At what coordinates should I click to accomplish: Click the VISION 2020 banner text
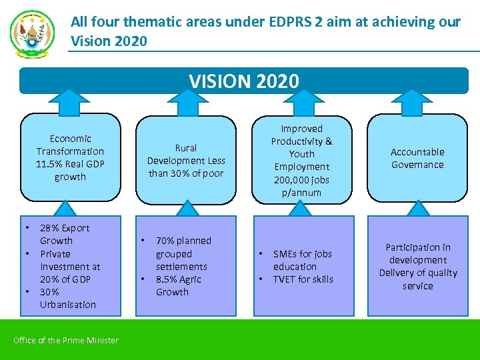coord(244,81)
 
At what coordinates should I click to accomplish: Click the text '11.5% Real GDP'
coord(70,164)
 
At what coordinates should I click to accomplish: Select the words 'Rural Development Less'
coord(186,161)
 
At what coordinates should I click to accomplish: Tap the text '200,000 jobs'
coord(301,180)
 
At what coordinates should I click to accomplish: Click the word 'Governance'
coord(417,165)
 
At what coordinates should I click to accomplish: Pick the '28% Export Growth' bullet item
coord(64,234)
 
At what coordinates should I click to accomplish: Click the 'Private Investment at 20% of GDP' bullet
coord(69,267)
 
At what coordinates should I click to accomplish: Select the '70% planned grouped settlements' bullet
coord(182,253)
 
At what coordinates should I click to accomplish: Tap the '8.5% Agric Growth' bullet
coord(178,285)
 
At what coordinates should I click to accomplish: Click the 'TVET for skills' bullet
coord(303,279)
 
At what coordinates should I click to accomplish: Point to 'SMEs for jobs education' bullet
coord(301,260)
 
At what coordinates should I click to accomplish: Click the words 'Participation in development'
coord(418,253)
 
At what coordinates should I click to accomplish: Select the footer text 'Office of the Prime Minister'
coord(66,341)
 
